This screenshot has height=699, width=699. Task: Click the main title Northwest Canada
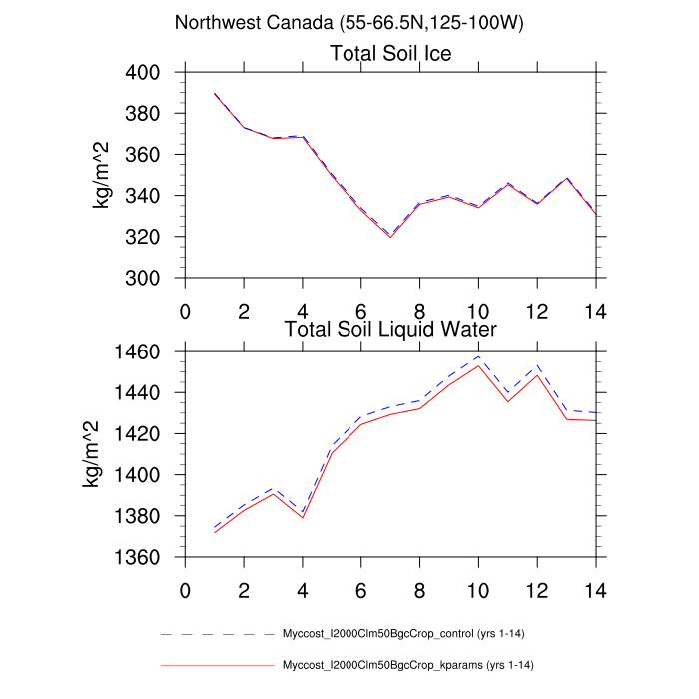(x=349, y=22)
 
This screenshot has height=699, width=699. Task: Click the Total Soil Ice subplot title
(x=390, y=54)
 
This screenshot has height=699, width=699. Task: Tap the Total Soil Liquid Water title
(x=390, y=328)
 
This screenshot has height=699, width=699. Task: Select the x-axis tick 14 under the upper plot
(x=596, y=309)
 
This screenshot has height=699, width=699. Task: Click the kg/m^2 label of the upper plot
(x=102, y=175)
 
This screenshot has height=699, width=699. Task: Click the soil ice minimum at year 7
(x=390, y=237)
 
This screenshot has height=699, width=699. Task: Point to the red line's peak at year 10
(x=479, y=365)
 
